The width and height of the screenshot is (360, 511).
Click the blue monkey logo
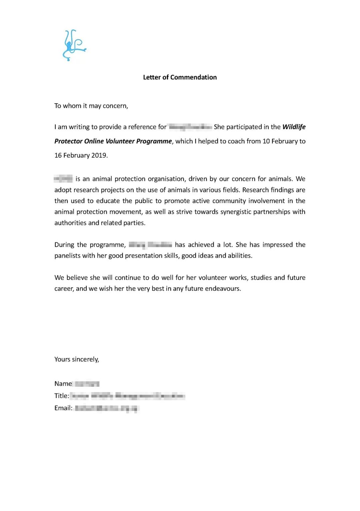[74, 45]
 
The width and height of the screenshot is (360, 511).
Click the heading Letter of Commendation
[180, 77]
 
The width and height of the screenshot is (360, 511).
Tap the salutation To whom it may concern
[91, 106]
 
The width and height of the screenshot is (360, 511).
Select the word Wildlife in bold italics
[294, 127]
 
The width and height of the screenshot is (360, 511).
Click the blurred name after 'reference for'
[190, 127]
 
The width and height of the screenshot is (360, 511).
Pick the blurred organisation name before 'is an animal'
[63, 179]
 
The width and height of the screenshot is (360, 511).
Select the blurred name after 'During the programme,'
[150, 245]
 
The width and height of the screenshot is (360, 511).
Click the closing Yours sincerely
[77, 359]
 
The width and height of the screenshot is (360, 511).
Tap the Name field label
[63, 384]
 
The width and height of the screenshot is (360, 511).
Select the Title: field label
[62, 396]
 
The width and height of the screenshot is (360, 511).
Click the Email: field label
[63, 408]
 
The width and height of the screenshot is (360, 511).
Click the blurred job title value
[127, 396]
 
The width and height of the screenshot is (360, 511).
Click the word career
[63, 289]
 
